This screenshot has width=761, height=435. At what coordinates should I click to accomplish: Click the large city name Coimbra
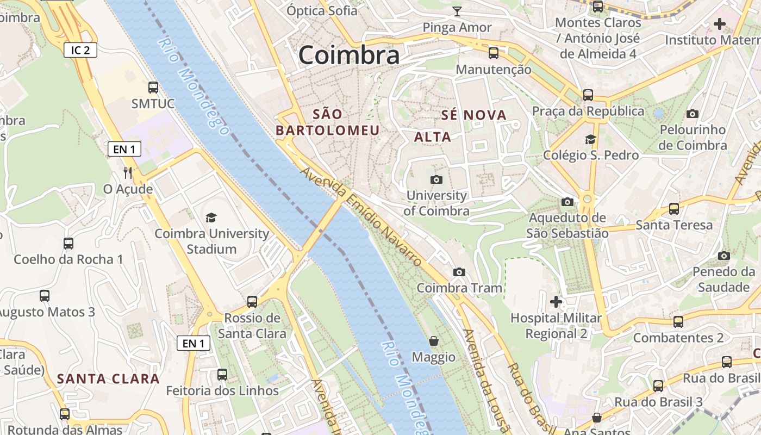[349, 55]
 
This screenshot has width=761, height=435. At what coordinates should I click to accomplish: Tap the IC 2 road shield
[80, 51]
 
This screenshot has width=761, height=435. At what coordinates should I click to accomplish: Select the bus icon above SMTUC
[153, 87]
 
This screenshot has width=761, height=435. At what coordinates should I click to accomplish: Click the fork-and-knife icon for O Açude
[128, 173]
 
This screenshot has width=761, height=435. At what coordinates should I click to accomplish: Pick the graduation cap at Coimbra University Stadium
[211, 217]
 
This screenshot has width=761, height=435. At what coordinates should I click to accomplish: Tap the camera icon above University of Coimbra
[436, 179]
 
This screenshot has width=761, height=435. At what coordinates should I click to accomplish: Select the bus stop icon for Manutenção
[494, 53]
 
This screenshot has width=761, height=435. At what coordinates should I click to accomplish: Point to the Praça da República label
[588, 111]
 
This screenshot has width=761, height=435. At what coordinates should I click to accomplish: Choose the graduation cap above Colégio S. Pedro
[590, 139]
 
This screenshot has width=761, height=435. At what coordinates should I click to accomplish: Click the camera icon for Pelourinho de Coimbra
[693, 114]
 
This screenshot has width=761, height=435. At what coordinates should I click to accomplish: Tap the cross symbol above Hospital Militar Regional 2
[556, 301]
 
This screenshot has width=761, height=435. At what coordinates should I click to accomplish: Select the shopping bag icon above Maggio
[434, 341]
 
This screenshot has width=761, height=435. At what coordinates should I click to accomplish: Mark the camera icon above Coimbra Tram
[459, 272]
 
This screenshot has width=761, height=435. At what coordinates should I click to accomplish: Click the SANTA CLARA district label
[109, 379]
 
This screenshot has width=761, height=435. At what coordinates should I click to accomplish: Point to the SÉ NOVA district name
[474, 115]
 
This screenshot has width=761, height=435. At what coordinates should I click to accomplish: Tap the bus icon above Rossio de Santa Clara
[252, 301]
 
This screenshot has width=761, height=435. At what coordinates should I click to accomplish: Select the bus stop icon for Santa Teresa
[674, 208]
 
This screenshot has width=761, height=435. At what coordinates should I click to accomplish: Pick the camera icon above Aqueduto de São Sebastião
[567, 202]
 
